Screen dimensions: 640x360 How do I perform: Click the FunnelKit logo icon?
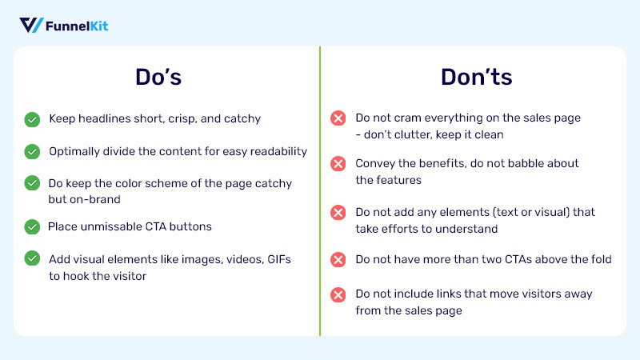[31, 26]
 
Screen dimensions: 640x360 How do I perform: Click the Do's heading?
[158, 77]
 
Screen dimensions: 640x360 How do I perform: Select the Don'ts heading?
[476, 77]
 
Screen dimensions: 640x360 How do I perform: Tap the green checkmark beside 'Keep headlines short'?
[32, 119]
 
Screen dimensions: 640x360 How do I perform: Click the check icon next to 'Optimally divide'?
[32, 152]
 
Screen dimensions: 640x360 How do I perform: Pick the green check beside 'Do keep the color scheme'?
[32, 183]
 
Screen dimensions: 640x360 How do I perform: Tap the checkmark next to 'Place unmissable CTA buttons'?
[32, 227]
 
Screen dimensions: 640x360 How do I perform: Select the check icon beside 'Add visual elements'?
[32, 258]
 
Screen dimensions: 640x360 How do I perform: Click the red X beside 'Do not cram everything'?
[338, 118]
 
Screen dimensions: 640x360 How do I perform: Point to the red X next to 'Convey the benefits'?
[338, 164]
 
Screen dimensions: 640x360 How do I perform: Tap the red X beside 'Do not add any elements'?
[338, 212]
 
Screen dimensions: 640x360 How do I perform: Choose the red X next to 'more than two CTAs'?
[338, 259]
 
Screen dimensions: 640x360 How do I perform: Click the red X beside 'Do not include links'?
[338, 294]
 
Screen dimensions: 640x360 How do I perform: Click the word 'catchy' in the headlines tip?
[242, 119]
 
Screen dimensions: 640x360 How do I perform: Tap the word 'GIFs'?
[279, 259]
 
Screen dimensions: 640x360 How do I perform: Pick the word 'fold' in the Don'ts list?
[602, 259]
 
